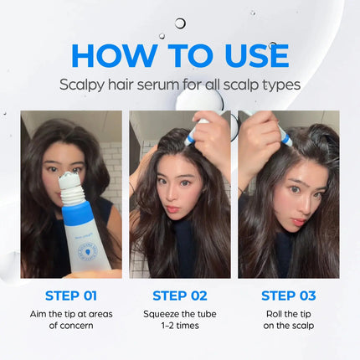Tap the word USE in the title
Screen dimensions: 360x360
pos(251,54)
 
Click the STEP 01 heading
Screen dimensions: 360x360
pos(70,296)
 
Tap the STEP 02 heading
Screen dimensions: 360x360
pos(180,296)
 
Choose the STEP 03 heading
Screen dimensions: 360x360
pos(289,296)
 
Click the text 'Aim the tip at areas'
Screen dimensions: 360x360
pos(70,312)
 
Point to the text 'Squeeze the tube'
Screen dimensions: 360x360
pos(180,312)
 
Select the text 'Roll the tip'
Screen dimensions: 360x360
pos(289,312)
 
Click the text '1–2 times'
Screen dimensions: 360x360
pos(180,326)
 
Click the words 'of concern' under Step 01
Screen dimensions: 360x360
pos(70,326)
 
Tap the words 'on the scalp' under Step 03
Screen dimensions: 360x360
pos(289,326)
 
